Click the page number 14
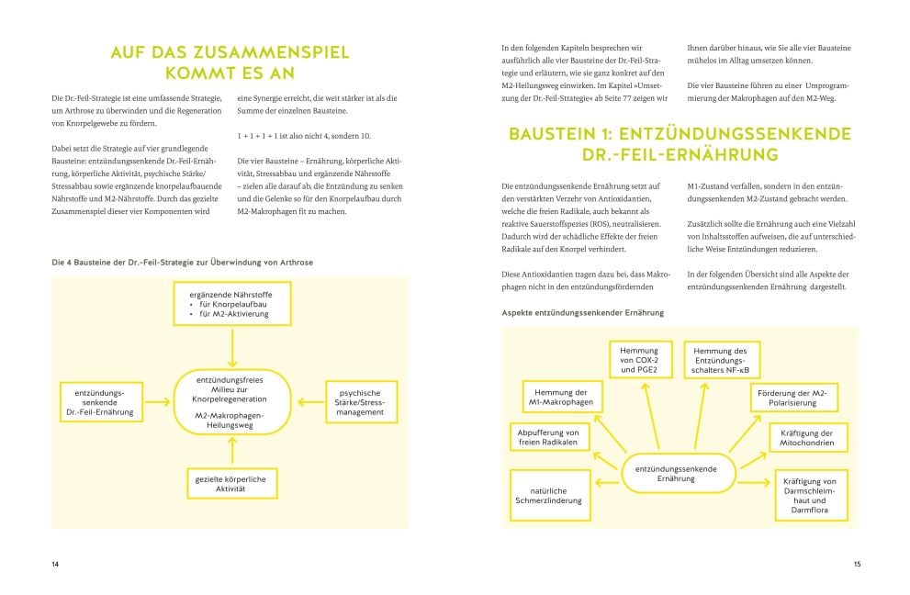[x=54, y=564]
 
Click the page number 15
[x=856, y=564]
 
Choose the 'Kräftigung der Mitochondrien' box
[x=803, y=438]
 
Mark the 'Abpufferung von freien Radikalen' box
[x=548, y=438]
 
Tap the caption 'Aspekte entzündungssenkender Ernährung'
[x=582, y=312]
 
